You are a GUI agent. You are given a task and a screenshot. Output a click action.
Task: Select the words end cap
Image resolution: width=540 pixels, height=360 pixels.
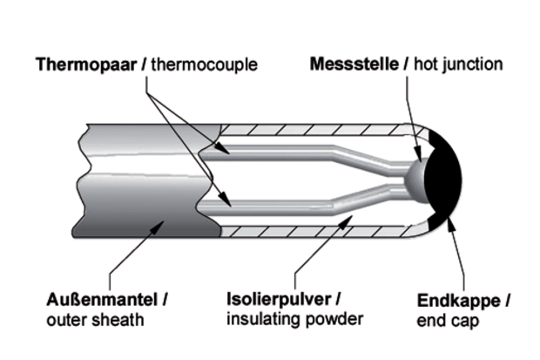tap(445, 320)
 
